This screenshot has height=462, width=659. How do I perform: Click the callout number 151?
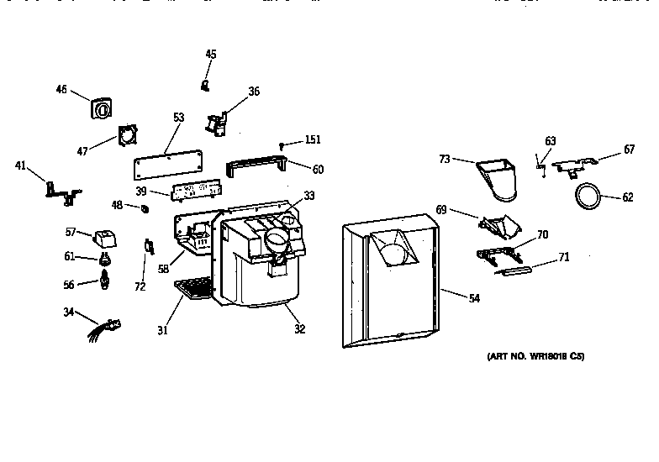(313, 139)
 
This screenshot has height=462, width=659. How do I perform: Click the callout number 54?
(474, 298)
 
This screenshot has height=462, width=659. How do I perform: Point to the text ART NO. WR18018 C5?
(535, 356)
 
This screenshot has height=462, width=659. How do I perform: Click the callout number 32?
(299, 329)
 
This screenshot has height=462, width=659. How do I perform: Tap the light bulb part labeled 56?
(106, 279)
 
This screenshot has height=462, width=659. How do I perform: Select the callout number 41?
(21, 165)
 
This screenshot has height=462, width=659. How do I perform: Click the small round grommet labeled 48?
(145, 207)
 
